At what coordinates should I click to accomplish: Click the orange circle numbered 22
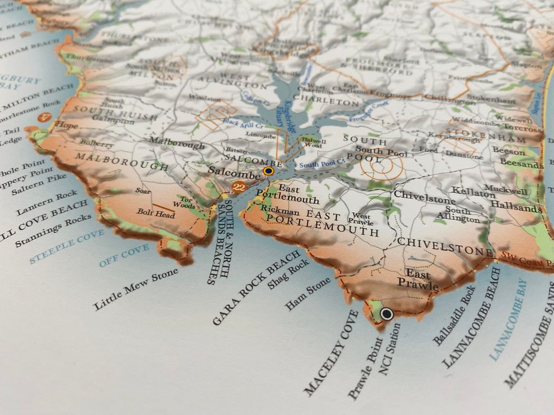click(x=239, y=187)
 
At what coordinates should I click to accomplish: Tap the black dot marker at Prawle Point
click(x=387, y=313)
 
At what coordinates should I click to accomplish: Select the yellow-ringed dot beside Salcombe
click(x=269, y=171)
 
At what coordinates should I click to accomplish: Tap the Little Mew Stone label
click(x=136, y=289)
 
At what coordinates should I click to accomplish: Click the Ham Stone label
click(x=308, y=294)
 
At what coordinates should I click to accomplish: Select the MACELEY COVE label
click(x=331, y=352)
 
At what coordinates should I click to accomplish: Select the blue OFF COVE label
click(x=124, y=255)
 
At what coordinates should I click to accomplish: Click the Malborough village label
click(x=176, y=145)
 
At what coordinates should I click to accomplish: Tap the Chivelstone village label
click(x=417, y=195)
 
